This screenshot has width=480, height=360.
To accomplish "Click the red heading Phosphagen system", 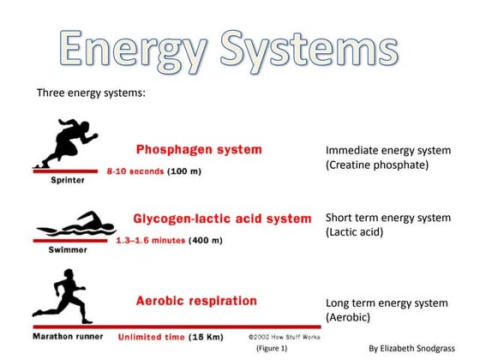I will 199,149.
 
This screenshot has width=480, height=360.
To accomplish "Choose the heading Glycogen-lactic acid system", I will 222,219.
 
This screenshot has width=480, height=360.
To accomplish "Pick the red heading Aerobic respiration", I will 196,301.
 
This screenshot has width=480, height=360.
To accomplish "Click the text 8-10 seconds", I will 135,171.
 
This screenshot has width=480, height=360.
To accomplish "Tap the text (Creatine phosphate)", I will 376,165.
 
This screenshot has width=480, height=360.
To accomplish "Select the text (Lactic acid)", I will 354,231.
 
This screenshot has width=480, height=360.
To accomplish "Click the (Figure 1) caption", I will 271,349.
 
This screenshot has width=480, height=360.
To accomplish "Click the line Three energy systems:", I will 93,92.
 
